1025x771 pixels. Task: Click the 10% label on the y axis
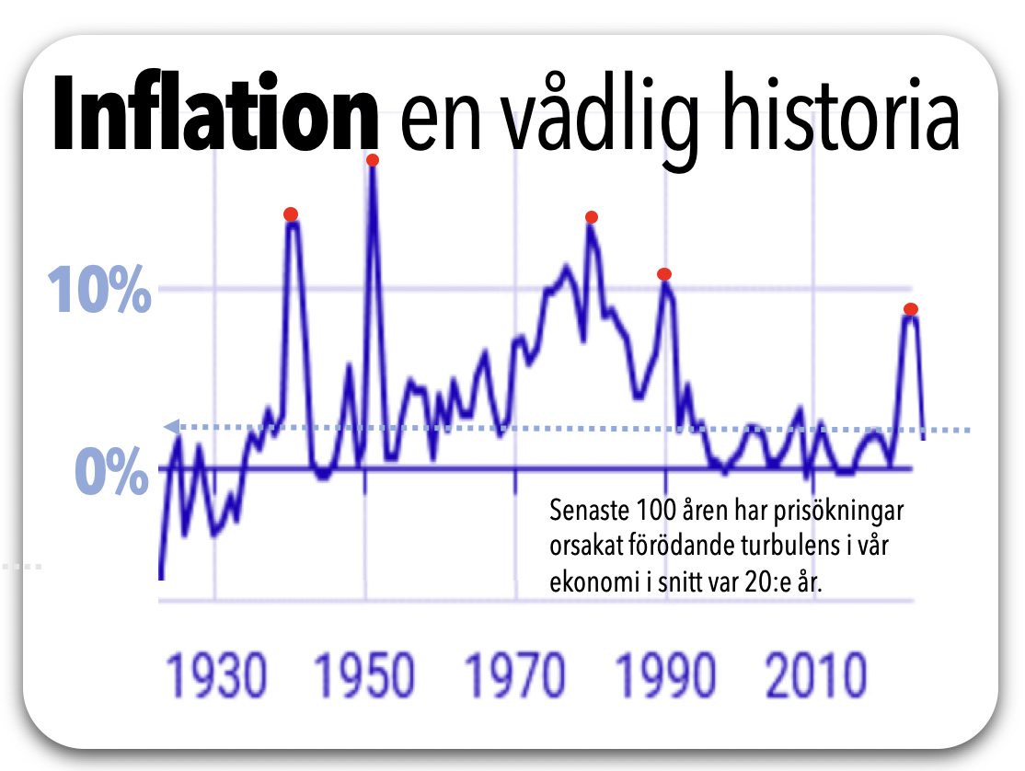(98, 291)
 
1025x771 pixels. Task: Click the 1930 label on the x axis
(216, 677)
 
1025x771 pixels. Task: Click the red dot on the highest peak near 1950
(373, 160)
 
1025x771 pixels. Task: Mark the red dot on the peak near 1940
(291, 214)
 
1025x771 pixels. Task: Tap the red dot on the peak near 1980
(592, 217)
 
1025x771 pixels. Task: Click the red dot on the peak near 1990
(664, 274)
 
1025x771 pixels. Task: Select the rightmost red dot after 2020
(910, 309)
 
